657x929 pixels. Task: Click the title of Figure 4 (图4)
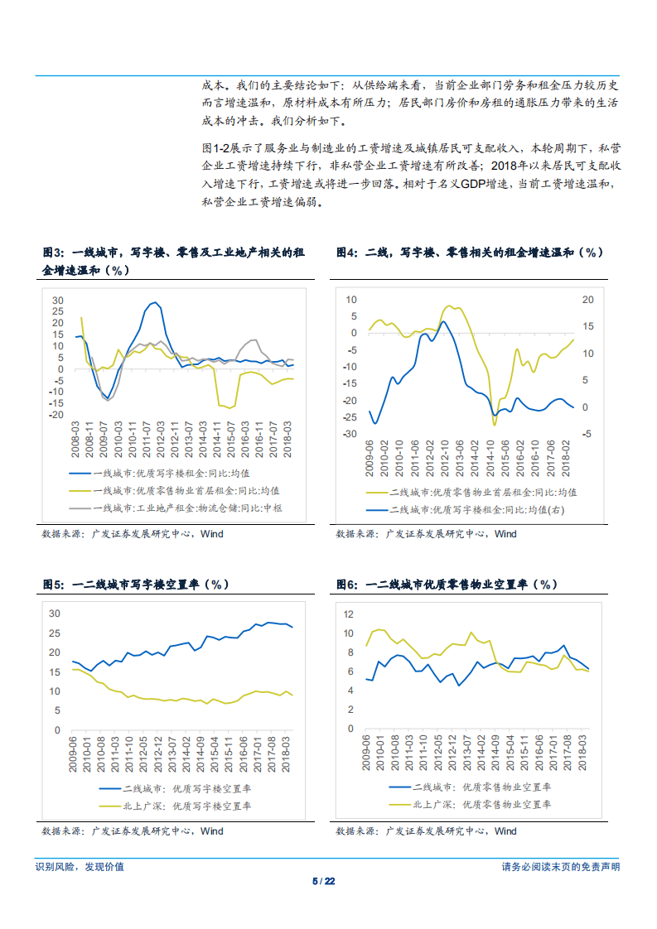(469, 253)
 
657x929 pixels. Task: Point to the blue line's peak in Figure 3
(155, 303)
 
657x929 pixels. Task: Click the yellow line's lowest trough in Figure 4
(495, 424)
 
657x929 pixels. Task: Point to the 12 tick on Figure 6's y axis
(348, 614)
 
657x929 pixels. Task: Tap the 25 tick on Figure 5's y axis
(55, 633)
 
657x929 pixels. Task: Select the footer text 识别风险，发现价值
(80, 867)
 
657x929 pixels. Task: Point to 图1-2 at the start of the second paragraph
(215, 147)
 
